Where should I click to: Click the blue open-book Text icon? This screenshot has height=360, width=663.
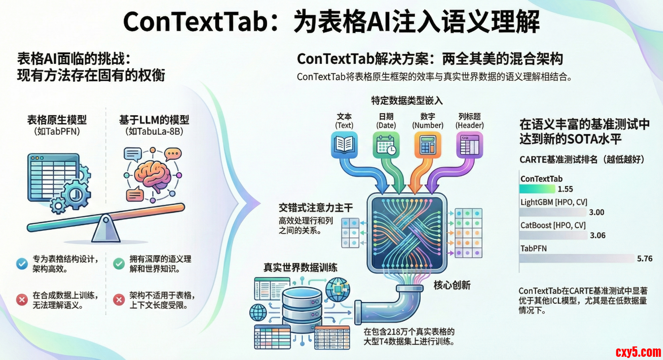(x=344, y=145)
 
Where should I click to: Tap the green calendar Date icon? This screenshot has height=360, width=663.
(x=386, y=145)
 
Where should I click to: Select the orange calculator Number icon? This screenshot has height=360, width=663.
(x=428, y=145)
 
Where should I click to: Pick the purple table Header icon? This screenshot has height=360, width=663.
(x=470, y=145)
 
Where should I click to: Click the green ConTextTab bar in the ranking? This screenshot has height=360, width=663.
(x=537, y=189)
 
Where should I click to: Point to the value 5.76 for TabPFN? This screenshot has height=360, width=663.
(x=645, y=259)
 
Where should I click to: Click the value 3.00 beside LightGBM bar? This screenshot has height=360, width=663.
(x=597, y=212)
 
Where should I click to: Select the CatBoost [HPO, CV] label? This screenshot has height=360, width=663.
(x=553, y=225)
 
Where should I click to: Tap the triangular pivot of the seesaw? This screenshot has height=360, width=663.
(x=106, y=229)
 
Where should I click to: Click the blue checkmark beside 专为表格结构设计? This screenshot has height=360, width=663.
(x=22, y=264)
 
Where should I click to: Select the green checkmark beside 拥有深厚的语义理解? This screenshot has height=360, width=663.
(x=119, y=264)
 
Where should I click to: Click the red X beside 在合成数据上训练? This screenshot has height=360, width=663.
(x=22, y=300)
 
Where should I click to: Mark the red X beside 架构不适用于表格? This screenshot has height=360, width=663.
(x=119, y=300)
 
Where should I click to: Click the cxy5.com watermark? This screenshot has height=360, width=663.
(x=638, y=352)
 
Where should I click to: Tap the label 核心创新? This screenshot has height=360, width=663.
(x=452, y=285)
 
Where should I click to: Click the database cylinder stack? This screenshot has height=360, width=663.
(x=302, y=309)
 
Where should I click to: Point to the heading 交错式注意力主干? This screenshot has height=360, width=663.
(x=316, y=208)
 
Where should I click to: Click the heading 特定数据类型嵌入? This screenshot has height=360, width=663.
(x=407, y=100)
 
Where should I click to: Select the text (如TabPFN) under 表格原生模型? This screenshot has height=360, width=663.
(x=57, y=131)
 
